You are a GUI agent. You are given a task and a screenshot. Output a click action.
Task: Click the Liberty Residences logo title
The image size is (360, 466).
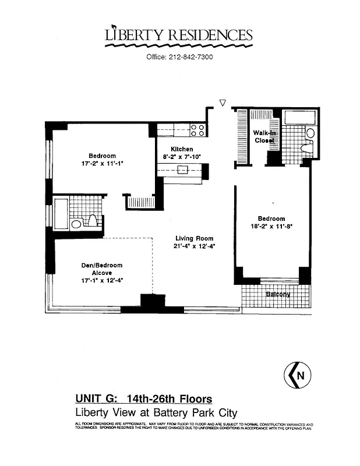179,35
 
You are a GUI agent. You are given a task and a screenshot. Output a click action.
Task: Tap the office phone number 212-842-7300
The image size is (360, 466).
179,57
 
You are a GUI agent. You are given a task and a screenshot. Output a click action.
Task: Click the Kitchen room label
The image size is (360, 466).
182,149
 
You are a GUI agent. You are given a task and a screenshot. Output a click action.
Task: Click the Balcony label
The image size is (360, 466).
278,294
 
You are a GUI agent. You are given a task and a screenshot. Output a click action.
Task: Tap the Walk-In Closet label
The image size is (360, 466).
264,137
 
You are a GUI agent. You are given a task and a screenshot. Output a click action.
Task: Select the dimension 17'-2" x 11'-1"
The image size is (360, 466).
102,164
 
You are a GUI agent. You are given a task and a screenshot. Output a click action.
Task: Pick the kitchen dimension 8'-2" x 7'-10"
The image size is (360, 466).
181,157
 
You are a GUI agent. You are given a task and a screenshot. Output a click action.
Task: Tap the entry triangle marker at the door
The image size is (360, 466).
222,103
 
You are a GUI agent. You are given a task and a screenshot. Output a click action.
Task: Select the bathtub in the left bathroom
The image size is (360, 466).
61,213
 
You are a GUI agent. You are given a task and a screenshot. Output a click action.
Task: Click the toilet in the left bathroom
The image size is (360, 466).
91,221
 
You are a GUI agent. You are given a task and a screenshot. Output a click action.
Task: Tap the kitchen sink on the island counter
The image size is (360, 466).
183,170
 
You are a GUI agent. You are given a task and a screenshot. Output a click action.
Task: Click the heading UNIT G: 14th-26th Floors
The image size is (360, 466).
143,399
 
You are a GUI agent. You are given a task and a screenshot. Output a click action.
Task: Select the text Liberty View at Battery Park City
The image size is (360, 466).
143,412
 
